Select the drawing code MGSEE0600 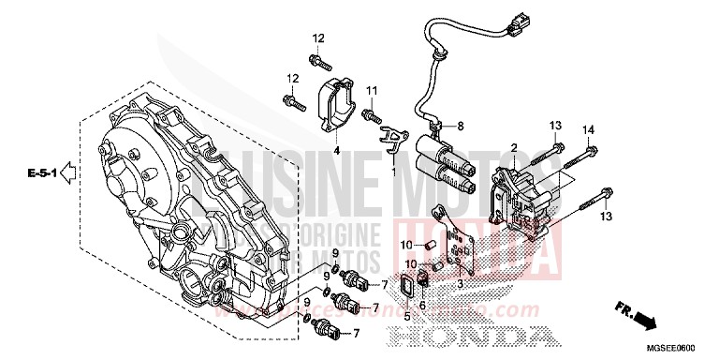(x=686, y=350)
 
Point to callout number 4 (x=336, y=150)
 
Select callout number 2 (x=514, y=148)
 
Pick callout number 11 (x=371, y=89)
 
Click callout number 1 (x=393, y=172)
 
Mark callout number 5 (x=407, y=316)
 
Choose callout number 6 (x=424, y=306)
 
